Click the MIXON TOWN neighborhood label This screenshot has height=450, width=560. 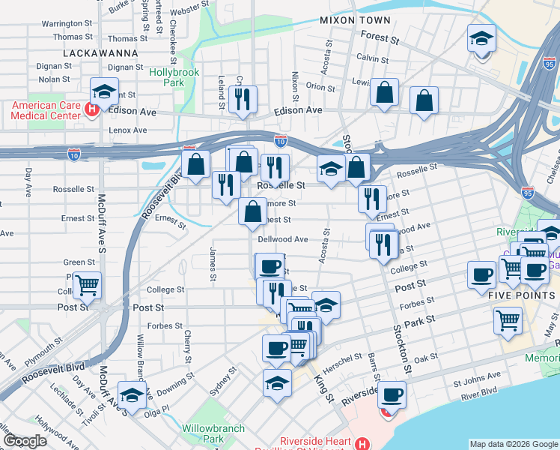pos(355,19)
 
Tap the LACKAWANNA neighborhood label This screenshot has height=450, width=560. pos(100,53)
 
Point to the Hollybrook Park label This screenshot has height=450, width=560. pos(174,78)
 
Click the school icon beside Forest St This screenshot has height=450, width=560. pos(481,38)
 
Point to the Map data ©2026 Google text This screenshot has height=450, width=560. pos(514,444)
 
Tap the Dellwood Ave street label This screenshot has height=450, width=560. pos(283,239)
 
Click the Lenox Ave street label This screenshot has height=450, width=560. pos(128,130)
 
